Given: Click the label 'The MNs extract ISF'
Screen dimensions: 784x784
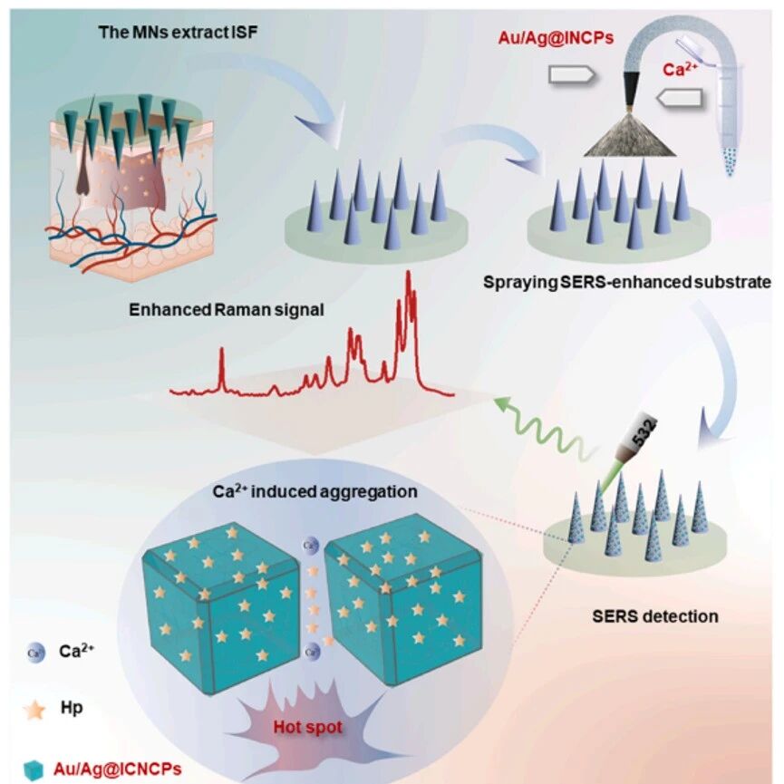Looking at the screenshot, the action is coord(179,33).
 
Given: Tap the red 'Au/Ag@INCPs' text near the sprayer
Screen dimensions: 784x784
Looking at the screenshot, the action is coord(556,38).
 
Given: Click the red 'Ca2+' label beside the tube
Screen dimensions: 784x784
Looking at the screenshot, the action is coord(680,69).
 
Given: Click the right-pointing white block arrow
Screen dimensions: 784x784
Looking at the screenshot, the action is coord(571,75).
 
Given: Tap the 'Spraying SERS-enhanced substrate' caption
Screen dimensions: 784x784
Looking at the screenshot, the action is coord(627,283).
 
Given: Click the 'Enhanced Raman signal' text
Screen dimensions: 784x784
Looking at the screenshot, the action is coord(227,310).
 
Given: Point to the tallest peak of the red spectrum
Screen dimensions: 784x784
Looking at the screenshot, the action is coord(409,273).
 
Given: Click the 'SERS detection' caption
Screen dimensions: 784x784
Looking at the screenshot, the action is coord(655,616).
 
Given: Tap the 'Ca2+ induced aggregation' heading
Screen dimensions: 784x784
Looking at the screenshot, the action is coord(315,491).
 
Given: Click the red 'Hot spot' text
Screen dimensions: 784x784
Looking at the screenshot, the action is coord(308,727).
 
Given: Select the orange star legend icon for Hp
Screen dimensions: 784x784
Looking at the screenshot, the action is coord(34,710).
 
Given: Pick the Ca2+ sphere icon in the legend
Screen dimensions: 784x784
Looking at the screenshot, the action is coord(35,652).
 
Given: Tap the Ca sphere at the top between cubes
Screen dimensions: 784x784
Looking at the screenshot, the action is coord(311,545).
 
